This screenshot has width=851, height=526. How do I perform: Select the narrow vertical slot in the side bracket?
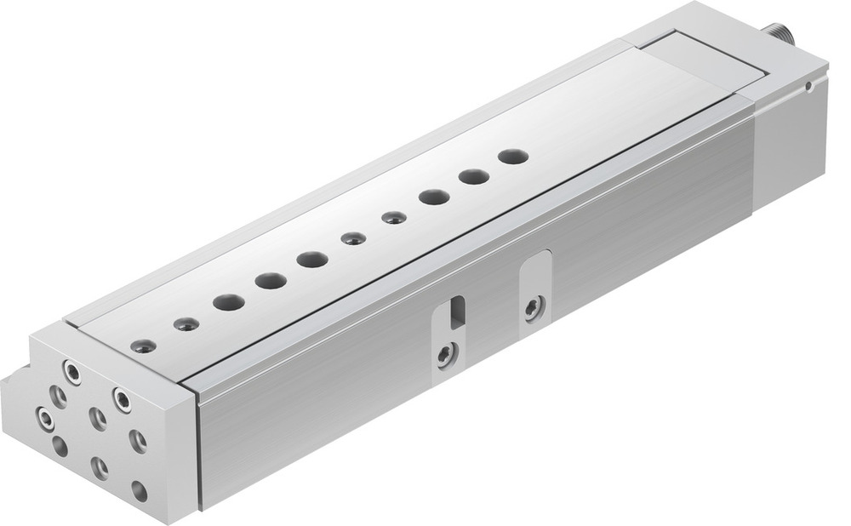[x=458, y=312]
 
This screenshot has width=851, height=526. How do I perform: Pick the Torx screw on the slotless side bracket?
[x=534, y=307]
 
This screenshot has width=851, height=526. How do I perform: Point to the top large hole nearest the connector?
[x=513, y=157]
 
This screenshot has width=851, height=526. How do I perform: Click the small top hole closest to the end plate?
[x=144, y=346]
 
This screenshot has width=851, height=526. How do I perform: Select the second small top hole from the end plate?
[x=186, y=324]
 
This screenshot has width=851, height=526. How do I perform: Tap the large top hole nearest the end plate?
[x=228, y=302]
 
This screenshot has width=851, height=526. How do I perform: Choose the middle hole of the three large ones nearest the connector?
[x=474, y=177]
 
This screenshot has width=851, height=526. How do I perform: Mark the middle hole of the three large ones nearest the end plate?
[x=271, y=280]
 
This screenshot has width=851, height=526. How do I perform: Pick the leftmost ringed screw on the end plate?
[x=43, y=417]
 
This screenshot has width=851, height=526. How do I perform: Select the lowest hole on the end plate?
[x=139, y=491]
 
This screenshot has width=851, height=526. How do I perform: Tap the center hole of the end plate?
[x=98, y=419]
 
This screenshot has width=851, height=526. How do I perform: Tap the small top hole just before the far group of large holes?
[x=393, y=218]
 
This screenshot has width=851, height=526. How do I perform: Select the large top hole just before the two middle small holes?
[x=312, y=259]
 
